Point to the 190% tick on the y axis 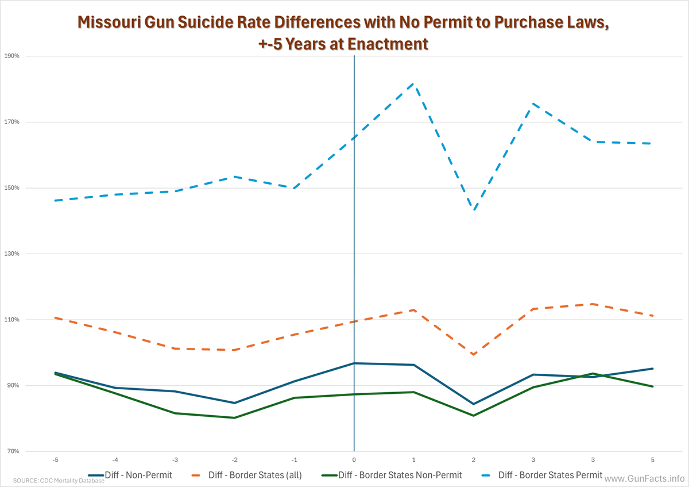tap(12, 56)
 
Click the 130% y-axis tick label tap(12, 254)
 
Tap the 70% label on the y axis tap(13, 451)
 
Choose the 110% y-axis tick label tap(12, 320)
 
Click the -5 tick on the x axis tap(55, 459)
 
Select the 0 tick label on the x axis tap(354, 459)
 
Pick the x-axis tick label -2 tap(234, 459)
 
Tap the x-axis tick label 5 tap(653, 459)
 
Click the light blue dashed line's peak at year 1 tap(414, 84)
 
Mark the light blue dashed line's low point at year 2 tap(474, 210)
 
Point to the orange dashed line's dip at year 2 tap(474, 355)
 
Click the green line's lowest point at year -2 tap(234, 418)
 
